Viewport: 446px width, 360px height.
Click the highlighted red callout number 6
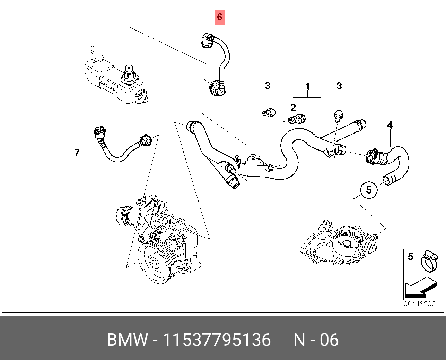click(220, 17)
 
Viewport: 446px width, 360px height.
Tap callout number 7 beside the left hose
click(77, 152)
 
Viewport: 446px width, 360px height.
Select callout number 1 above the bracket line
click(307, 87)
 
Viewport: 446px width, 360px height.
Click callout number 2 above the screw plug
click(293, 107)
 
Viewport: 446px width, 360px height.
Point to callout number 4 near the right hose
click(390, 125)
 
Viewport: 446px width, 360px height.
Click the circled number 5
click(369, 190)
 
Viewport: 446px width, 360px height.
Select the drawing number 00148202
click(419, 304)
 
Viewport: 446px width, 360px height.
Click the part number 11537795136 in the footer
click(216, 340)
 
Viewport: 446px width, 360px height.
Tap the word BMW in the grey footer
click(127, 340)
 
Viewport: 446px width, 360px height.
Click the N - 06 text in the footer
click(316, 340)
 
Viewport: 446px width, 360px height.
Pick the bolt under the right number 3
click(338, 115)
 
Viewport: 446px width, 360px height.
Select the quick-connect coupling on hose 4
click(374, 157)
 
